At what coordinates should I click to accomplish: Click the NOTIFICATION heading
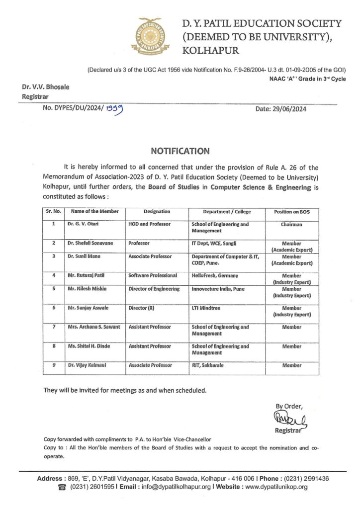(x=180, y=150)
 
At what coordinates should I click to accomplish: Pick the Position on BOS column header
(x=291, y=212)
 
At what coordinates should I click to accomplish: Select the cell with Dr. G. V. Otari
(x=83, y=224)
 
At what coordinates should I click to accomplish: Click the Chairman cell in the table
(x=291, y=224)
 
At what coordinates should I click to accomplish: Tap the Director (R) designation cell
(x=142, y=308)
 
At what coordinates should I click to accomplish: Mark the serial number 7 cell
(x=53, y=327)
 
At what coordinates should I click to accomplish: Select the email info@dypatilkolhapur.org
(x=165, y=487)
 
